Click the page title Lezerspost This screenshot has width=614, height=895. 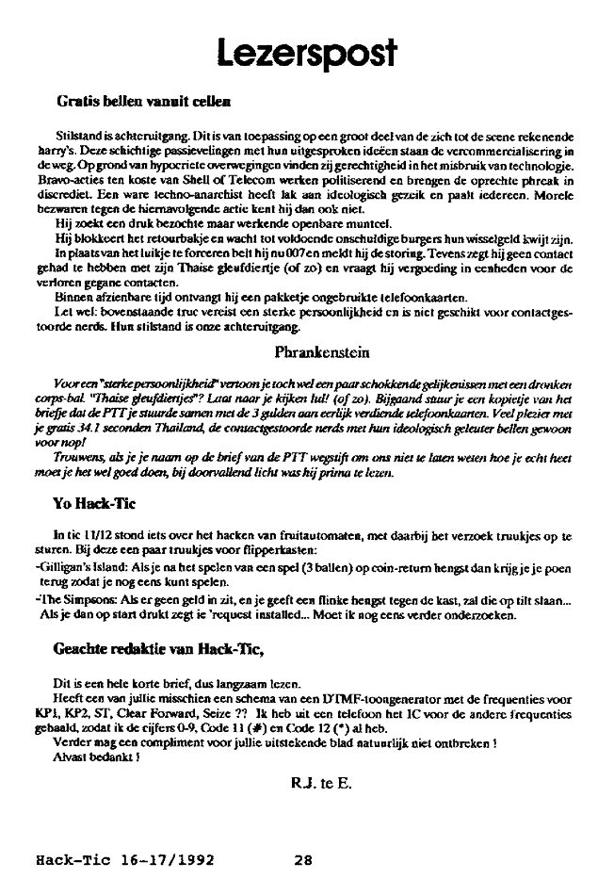pyautogui.click(x=305, y=49)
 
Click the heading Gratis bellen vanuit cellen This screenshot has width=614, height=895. pyautogui.click(x=145, y=99)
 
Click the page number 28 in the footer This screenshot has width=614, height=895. pyautogui.click(x=302, y=859)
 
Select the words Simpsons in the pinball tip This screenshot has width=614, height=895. pyautogui.click(x=75, y=601)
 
